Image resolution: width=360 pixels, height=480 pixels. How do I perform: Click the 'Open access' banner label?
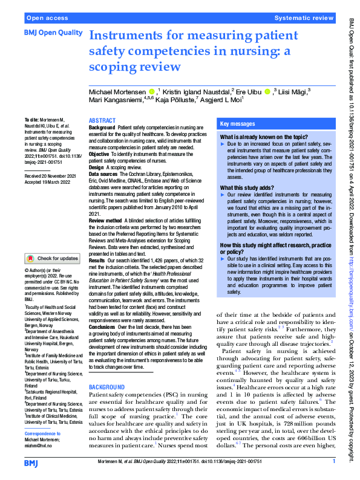[46, 19]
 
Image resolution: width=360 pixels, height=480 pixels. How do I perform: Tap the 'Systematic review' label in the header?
[303, 19]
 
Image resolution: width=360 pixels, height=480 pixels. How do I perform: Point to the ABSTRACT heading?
[103, 121]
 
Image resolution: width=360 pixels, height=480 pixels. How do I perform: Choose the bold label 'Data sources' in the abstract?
[103, 172]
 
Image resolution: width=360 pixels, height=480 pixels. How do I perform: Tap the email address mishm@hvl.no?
[38, 446]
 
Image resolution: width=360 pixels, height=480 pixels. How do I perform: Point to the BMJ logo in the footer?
[32, 462]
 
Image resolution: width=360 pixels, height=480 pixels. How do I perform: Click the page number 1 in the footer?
[333, 462]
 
